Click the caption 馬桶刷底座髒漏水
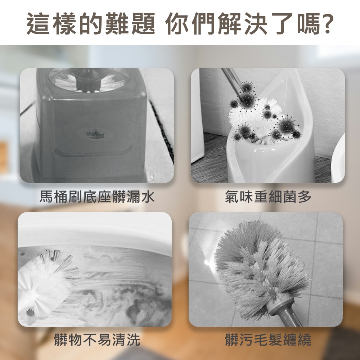click(97, 197)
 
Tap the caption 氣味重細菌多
click(268, 197)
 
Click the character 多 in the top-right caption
click(304, 197)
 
